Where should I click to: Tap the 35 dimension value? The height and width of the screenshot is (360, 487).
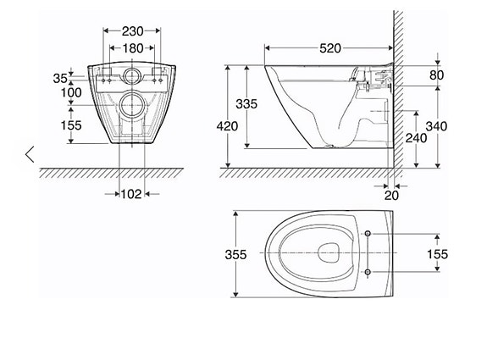[x=60, y=77]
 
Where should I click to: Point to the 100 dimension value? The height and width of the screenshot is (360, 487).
[x=59, y=91]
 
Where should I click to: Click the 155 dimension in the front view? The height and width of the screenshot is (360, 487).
[x=58, y=125]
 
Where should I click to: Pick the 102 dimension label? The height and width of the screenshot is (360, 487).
[x=130, y=193]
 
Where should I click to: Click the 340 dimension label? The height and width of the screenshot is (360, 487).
[x=460, y=126]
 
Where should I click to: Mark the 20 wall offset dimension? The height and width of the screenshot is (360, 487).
[x=390, y=195]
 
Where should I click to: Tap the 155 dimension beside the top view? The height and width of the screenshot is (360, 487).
[x=460, y=254]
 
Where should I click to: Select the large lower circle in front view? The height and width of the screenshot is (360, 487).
[x=130, y=106]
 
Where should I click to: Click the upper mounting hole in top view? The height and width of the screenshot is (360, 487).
[x=370, y=234]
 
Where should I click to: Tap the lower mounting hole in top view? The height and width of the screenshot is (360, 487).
[x=370, y=271]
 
